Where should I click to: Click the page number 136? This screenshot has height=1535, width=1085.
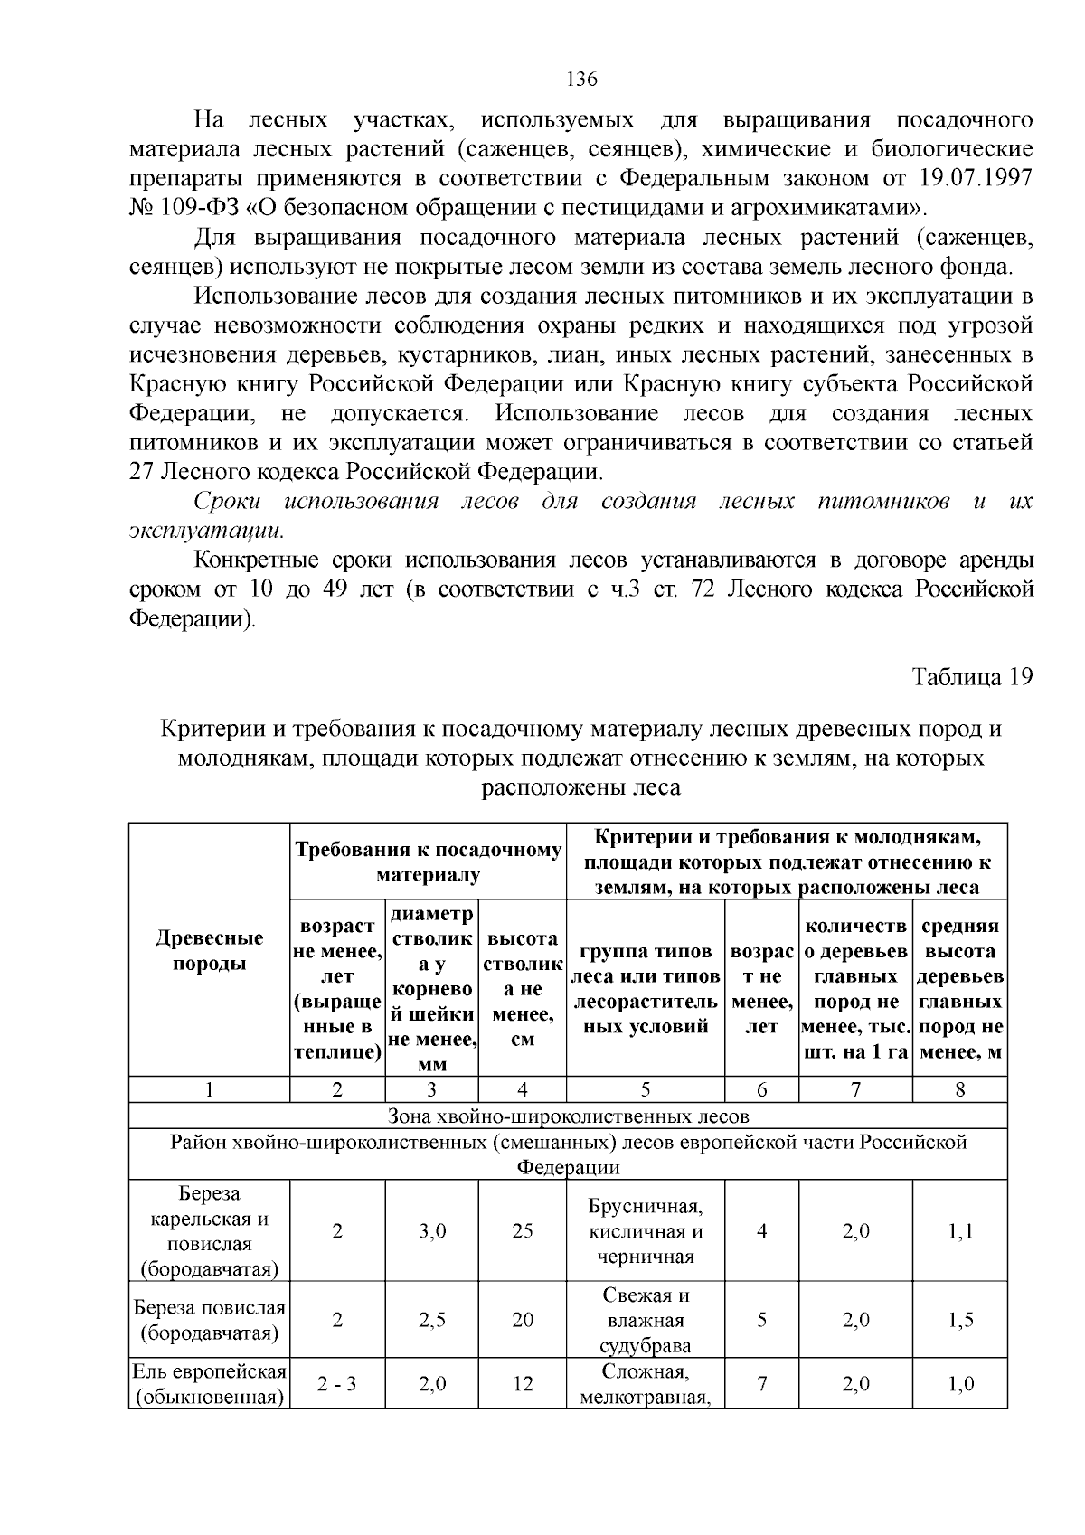click(x=581, y=80)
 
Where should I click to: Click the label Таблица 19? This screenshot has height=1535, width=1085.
click(x=972, y=678)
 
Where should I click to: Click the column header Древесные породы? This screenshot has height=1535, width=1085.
click(x=209, y=950)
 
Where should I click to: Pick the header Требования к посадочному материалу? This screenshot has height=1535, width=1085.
click(x=428, y=862)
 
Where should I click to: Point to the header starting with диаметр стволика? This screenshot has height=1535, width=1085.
click(x=431, y=988)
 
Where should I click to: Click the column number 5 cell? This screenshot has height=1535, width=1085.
click(x=646, y=1090)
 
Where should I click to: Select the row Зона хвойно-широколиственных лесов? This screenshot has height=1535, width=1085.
click(x=568, y=1116)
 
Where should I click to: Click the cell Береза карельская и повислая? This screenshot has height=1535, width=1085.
click(x=209, y=1230)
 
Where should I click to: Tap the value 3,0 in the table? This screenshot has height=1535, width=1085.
click(x=432, y=1231)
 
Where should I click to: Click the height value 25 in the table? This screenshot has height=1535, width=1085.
click(x=523, y=1231)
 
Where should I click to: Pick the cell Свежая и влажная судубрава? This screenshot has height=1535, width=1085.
click(x=646, y=1320)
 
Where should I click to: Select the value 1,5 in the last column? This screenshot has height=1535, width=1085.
click(x=960, y=1320)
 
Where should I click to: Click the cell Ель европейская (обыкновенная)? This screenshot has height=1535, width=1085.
click(x=209, y=1384)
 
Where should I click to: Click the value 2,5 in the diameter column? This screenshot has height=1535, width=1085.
click(x=432, y=1320)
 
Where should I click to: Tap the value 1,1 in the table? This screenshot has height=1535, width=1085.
click(x=960, y=1231)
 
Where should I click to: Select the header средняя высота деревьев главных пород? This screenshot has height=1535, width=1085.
click(x=960, y=988)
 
